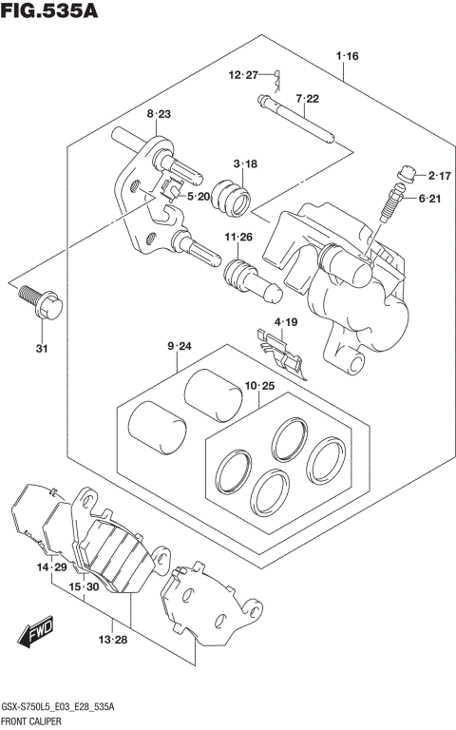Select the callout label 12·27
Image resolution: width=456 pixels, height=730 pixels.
pyautogui.click(x=242, y=75)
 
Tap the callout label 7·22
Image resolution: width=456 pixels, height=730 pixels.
pyautogui.click(x=306, y=99)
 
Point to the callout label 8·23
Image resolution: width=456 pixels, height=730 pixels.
pyautogui.click(x=158, y=114)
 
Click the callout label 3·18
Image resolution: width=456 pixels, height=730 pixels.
pyautogui.click(x=244, y=164)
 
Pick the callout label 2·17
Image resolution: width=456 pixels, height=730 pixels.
pyautogui.click(x=439, y=175)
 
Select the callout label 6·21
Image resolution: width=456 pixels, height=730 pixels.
pyautogui.click(x=439, y=198)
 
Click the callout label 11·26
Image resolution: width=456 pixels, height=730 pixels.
pyautogui.click(x=237, y=237)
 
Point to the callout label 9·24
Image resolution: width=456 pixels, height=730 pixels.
pyautogui.click(x=179, y=348)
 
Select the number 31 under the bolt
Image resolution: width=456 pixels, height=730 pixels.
pyautogui.click(x=41, y=348)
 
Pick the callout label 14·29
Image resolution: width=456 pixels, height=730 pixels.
pyautogui.click(x=52, y=567)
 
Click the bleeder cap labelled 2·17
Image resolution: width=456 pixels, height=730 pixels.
pyautogui.click(x=407, y=174)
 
